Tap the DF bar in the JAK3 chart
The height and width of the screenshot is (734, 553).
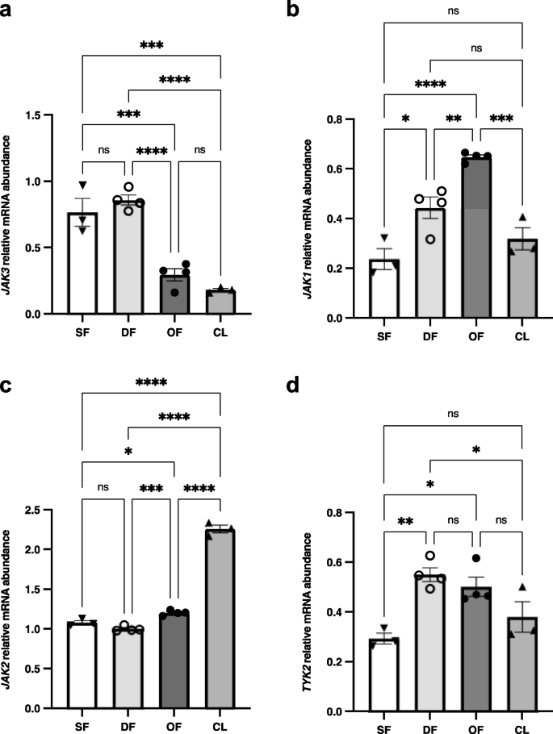[128, 258]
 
